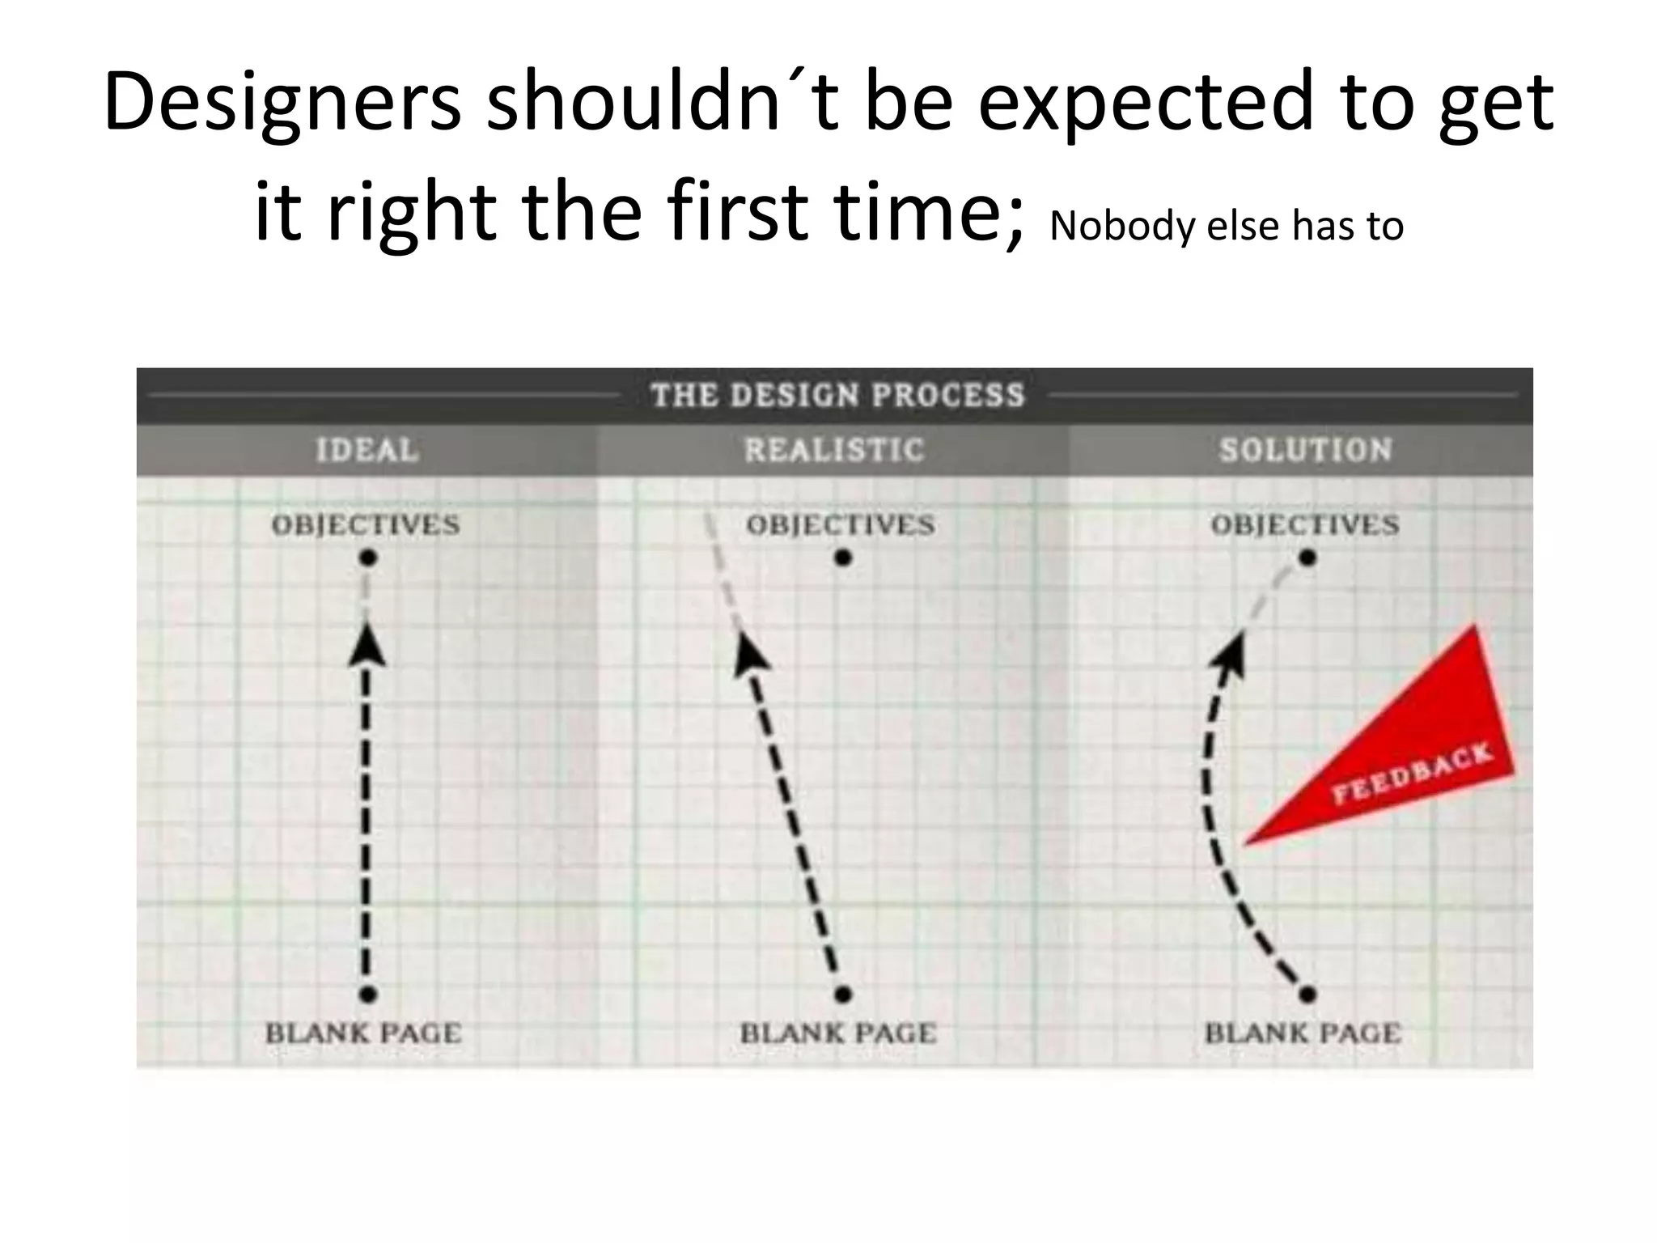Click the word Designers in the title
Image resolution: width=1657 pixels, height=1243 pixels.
282,104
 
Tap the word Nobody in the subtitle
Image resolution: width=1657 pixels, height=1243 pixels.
1121,226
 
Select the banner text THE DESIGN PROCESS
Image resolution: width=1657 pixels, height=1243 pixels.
837,396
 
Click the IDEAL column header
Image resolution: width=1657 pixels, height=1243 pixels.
367,450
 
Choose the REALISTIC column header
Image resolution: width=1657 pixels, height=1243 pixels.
833,450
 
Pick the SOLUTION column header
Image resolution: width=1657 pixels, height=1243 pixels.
1305,450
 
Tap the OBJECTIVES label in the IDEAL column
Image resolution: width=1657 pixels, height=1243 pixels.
366,525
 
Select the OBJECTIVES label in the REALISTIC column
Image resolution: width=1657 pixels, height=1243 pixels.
840,525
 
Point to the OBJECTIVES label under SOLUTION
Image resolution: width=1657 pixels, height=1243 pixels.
1304,525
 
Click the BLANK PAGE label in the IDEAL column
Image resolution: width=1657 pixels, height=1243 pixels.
363,1033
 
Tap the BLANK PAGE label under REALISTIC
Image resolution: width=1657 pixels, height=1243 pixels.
838,1033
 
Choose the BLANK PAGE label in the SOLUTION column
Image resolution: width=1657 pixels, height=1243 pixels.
1303,1033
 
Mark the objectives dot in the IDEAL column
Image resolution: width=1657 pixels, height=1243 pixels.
368,558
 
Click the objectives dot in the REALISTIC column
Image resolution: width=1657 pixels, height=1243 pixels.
843,558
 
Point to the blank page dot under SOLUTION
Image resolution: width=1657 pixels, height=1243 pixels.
1307,994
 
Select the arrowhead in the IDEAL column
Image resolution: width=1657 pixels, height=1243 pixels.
367,647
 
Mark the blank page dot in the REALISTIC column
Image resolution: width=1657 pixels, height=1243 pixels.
843,994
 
